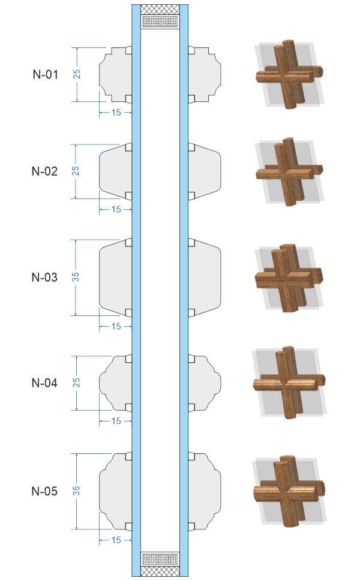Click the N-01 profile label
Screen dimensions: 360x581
click(x=45, y=74)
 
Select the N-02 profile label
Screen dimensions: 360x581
click(x=44, y=171)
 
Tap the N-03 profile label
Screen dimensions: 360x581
click(x=44, y=277)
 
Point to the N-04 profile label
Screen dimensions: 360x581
click(x=44, y=383)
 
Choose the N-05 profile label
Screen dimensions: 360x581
click(x=44, y=491)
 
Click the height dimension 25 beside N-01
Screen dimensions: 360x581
click(x=77, y=74)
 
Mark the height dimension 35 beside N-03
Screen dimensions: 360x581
click(x=76, y=277)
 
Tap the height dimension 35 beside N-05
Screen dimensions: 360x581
click(x=76, y=491)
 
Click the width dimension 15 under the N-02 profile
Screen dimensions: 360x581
click(x=116, y=209)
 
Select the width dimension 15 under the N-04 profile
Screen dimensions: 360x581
click(x=116, y=421)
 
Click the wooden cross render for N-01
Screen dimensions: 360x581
click(x=289, y=74)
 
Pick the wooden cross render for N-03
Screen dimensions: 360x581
click(x=289, y=278)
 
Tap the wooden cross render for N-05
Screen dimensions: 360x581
click(x=289, y=491)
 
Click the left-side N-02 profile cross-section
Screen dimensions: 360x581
click(x=115, y=171)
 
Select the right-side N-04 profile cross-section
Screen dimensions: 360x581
click(x=205, y=383)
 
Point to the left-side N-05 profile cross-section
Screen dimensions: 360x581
click(x=115, y=491)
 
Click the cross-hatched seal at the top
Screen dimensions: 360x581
click(x=160, y=10)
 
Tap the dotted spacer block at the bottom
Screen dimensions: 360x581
click(x=160, y=558)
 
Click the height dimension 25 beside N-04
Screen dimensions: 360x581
click(x=76, y=383)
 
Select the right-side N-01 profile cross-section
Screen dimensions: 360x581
click(x=205, y=74)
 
